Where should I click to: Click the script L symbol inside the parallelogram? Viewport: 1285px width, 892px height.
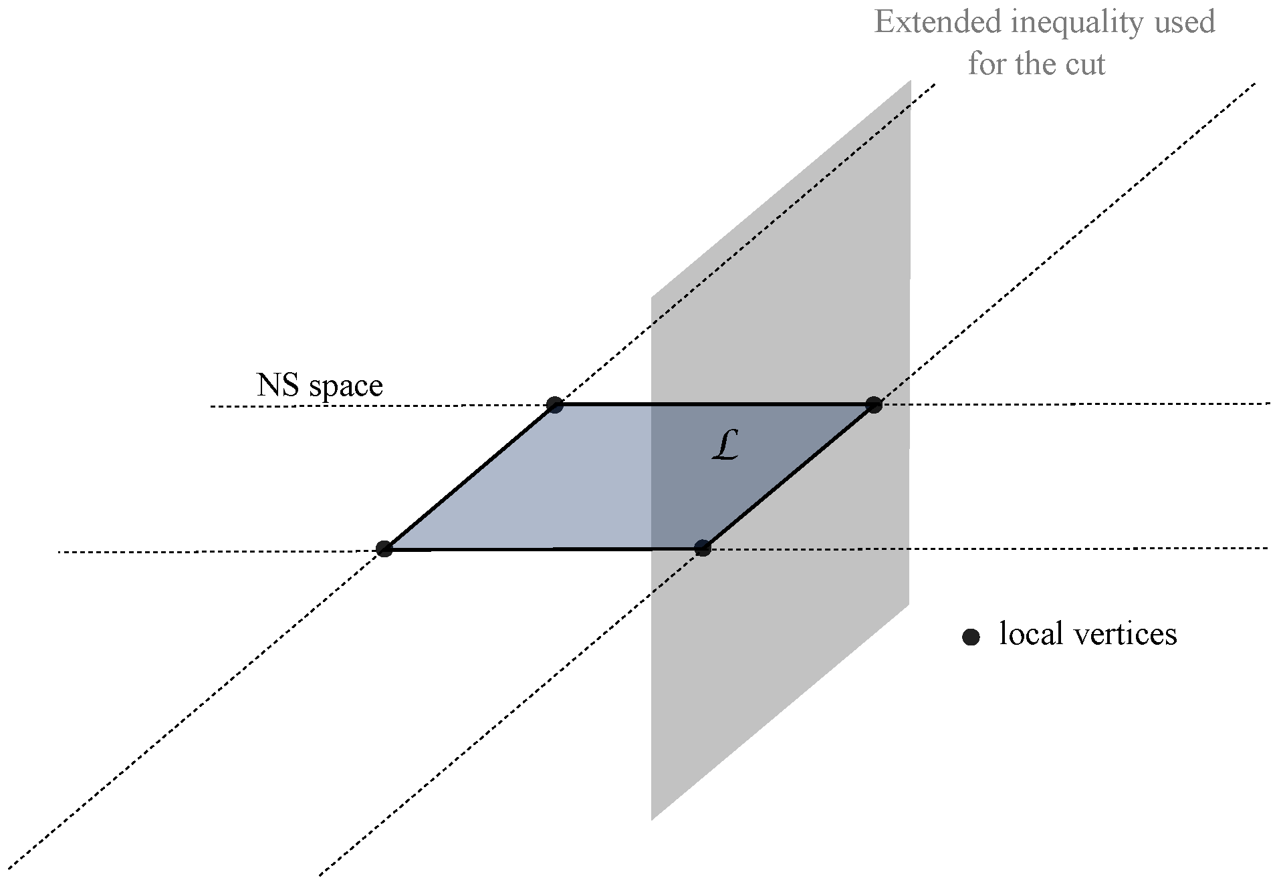725,446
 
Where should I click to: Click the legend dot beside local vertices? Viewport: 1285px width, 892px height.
971,637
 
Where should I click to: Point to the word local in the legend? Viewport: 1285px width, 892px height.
1030,633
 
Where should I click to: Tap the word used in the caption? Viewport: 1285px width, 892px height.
1183,22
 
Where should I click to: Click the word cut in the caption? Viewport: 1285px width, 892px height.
1086,64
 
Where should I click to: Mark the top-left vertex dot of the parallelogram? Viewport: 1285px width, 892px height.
554,404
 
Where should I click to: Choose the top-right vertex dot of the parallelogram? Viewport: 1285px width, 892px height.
874,404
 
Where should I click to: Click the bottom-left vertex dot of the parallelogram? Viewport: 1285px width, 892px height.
384,549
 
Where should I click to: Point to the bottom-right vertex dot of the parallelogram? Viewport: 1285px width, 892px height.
702,549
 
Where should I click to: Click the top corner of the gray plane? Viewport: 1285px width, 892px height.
910,82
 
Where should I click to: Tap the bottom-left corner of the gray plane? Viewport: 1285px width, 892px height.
652,819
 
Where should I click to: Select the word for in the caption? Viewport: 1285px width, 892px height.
987,64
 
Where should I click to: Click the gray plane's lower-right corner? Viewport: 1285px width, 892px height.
909,604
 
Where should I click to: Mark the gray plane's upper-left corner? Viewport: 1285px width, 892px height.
652,297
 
